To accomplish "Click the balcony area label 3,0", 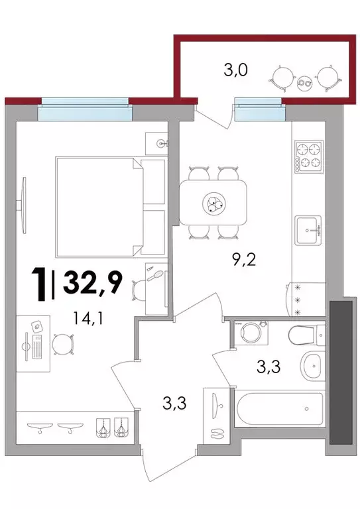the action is click(235, 70).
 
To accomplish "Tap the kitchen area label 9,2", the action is click(244, 260).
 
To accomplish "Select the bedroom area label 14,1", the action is click(88, 318).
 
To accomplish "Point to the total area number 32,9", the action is click(93, 282).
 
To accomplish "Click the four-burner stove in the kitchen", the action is click(309, 156).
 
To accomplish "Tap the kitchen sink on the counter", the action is click(308, 230).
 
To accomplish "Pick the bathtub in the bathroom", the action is click(280, 409).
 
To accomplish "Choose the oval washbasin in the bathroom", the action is click(313, 366).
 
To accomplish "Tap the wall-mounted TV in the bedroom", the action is click(23, 205).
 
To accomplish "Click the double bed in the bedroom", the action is click(110, 207).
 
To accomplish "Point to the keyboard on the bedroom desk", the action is click(37, 347).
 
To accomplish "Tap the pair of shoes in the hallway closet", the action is click(217, 433).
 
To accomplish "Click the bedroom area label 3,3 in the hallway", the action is click(174, 404).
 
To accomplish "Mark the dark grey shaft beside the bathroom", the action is click(341, 372).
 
